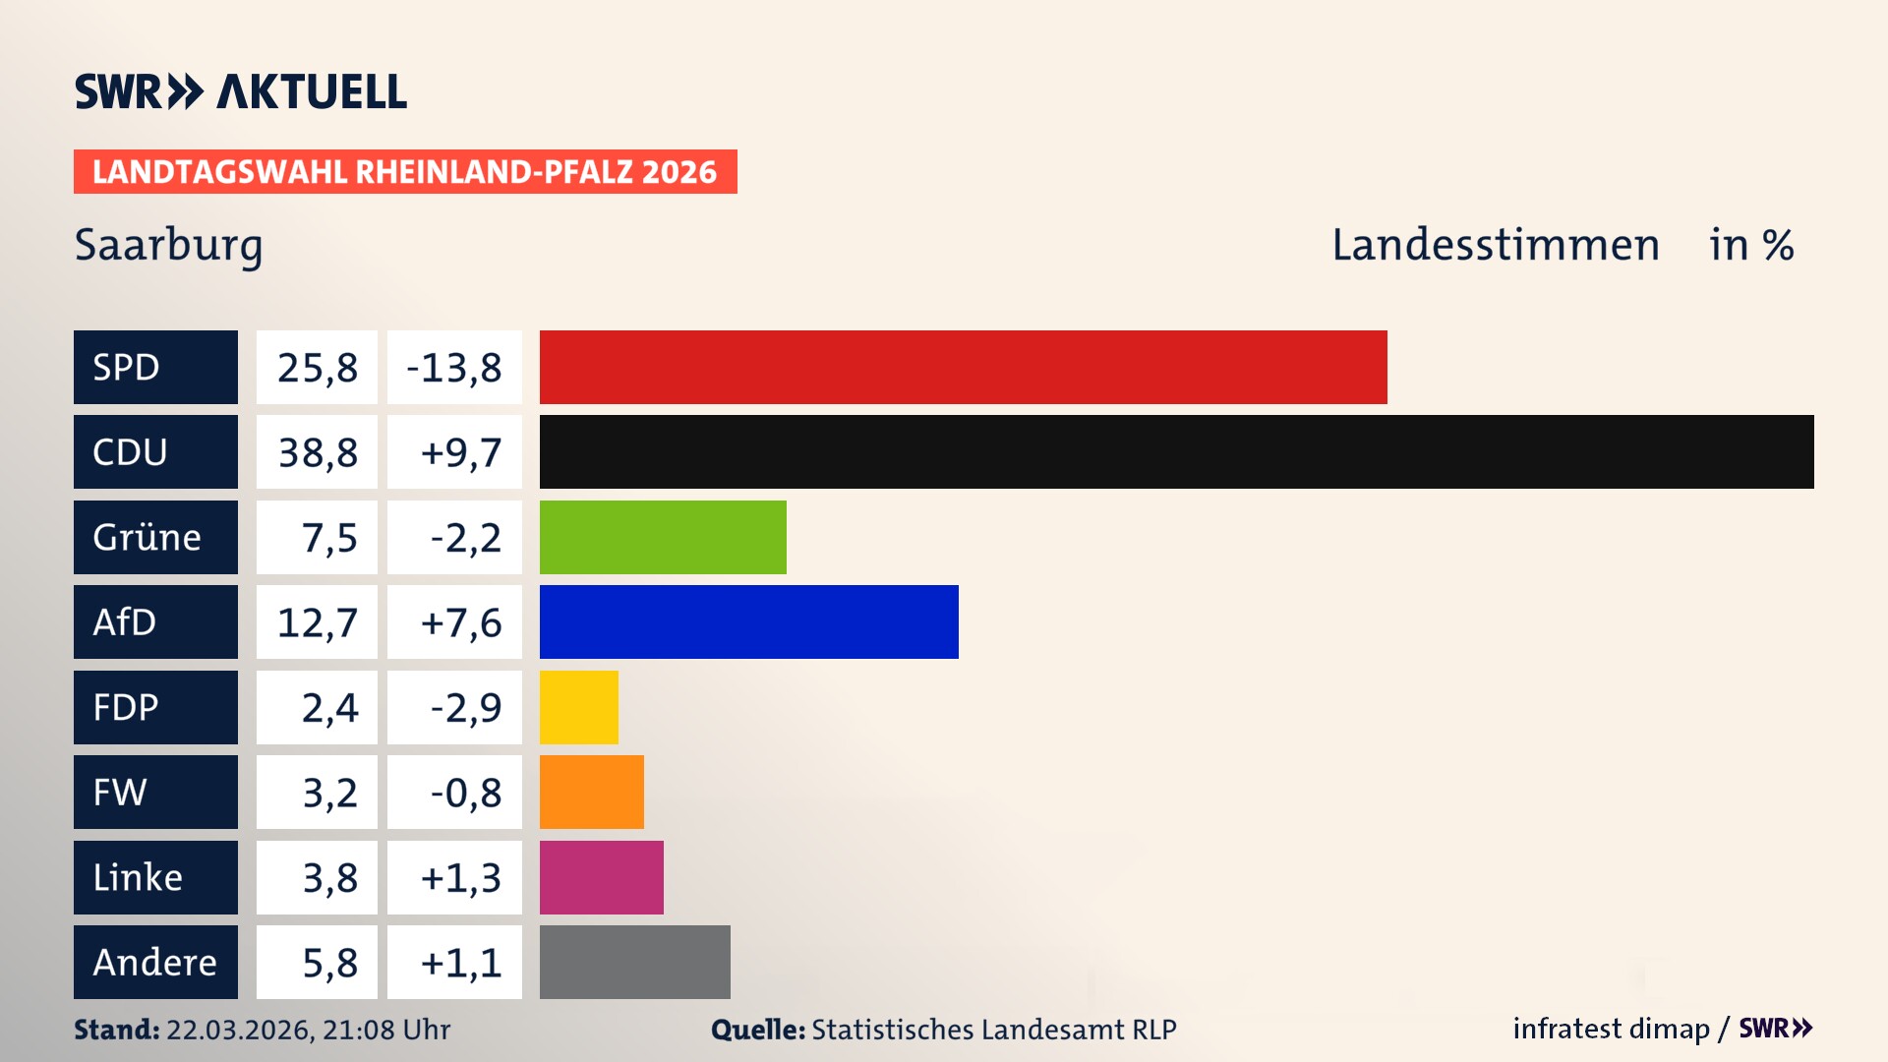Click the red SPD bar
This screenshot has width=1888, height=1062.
click(963, 367)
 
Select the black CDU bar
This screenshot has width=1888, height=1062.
click(1176, 451)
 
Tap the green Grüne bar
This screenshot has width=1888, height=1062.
click(663, 537)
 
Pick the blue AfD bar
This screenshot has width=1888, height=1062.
click(748, 621)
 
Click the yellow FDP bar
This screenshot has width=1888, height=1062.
click(578, 707)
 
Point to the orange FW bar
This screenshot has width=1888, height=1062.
click(591, 792)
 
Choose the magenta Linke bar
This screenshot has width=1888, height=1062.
click(601, 877)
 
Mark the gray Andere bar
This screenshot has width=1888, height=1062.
click(634, 962)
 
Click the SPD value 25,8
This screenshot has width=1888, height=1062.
click(317, 368)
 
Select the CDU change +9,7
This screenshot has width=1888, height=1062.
click(459, 452)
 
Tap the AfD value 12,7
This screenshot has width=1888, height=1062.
click(317, 622)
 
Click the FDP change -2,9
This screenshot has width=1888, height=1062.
click(465, 708)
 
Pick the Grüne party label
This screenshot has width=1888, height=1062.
click(147, 537)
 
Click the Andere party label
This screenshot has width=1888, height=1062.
click(154, 962)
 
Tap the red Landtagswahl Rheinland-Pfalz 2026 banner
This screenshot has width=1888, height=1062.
click(404, 172)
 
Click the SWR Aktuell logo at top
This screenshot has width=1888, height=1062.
click(240, 91)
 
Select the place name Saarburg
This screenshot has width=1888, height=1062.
click(168, 245)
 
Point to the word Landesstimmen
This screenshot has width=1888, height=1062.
click(1495, 245)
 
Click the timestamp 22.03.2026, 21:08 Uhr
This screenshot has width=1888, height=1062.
click(308, 1030)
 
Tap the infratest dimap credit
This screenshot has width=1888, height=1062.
click(1610, 1029)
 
